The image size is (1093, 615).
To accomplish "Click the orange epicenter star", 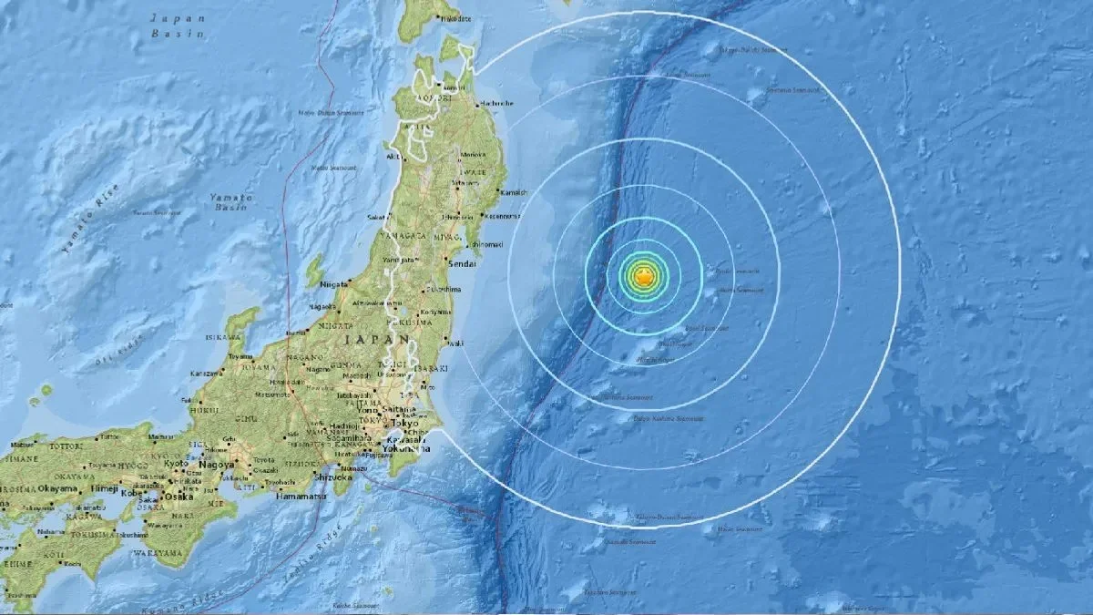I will pos(643,277).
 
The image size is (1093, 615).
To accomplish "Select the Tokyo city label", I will pos(406,424).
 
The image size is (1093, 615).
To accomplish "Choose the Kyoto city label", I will pos(176,464).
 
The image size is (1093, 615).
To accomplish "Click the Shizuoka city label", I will pos(332,476).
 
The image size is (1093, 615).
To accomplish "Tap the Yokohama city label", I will pos(407,448).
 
